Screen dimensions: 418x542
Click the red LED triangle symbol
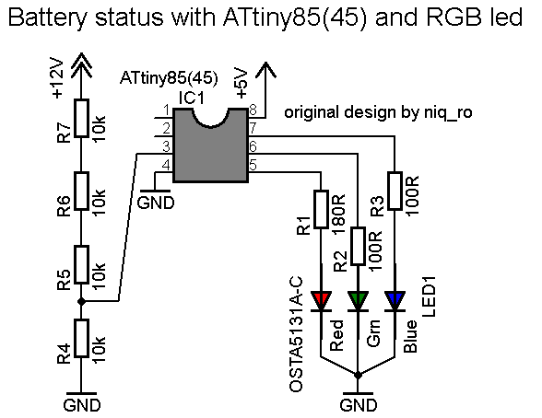[x=322, y=300]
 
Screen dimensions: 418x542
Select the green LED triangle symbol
[x=359, y=300]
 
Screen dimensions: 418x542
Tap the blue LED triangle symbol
[x=395, y=300]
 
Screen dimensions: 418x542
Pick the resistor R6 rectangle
[x=81, y=195]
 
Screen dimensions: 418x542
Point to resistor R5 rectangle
[x=81, y=266]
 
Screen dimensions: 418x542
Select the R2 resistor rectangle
[x=359, y=249]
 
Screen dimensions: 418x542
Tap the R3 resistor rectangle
[x=395, y=193]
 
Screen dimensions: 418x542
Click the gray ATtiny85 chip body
[x=211, y=145]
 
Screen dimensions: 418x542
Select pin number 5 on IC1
[x=253, y=166]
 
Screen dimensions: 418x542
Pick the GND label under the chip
[x=156, y=203]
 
